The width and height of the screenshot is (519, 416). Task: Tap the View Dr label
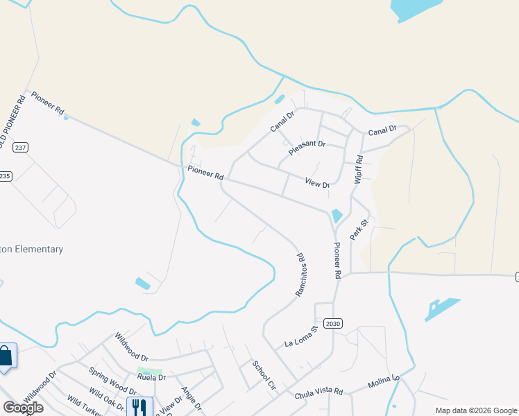(x=316, y=182)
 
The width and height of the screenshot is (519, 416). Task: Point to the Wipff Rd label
(x=359, y=168)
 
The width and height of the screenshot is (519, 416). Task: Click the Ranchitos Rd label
(x=300, y=275)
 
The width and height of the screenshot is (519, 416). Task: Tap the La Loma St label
(x=300, y=336)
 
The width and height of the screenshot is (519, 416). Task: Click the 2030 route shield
(x=333, y=324)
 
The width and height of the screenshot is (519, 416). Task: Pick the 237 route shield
(x=20, y=147)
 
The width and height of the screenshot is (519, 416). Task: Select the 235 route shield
(x=6, y=175)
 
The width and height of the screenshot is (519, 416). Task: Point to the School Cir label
(x=264, y=375)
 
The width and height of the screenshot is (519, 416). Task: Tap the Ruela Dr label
(x=151, y=378)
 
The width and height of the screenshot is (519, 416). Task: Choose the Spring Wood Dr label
(x=112, y=381)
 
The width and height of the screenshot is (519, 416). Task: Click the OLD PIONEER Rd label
(x=12, y=122)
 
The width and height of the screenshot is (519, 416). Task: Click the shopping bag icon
(x=6, y=356)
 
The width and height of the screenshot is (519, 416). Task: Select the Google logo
(x=23, y=408)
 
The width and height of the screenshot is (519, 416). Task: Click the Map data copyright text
(x=476, y=410)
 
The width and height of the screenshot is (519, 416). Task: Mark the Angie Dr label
(x=189, y=398)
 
